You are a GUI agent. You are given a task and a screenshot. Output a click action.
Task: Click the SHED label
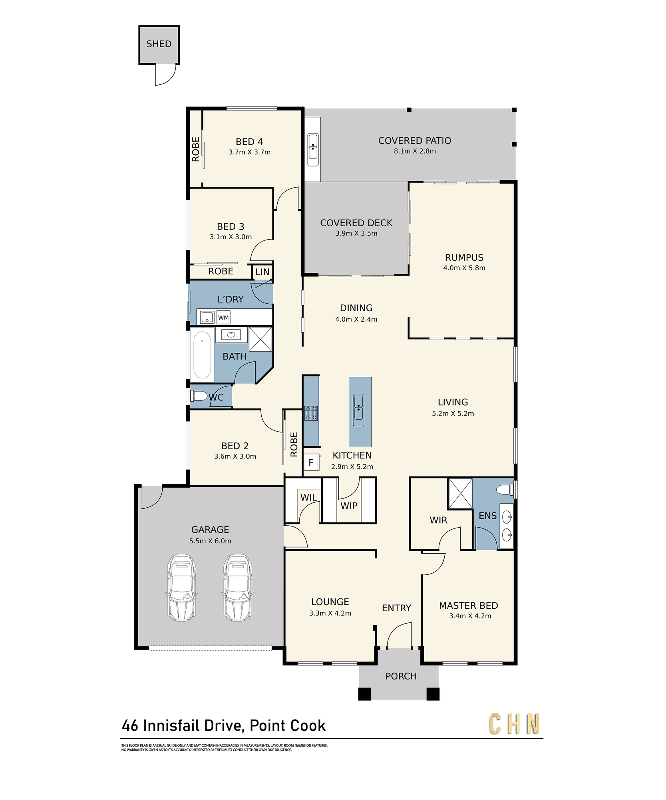coord(159,44)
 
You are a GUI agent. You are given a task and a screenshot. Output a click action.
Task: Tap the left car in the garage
coord(181,588)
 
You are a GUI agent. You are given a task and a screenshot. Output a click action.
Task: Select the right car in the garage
coord(238,588)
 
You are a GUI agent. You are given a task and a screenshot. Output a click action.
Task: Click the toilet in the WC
coord(199,396)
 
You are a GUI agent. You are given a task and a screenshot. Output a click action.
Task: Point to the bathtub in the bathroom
coord(202,355)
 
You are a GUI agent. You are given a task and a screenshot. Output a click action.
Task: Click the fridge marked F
coord(311,462)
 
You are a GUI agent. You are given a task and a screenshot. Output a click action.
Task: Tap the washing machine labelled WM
coord(223,318)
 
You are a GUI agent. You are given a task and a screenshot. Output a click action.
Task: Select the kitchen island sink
coord(359,410)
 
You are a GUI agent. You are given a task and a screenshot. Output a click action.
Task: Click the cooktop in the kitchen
coord(311,413)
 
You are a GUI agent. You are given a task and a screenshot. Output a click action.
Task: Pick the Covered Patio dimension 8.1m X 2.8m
coord(415,151)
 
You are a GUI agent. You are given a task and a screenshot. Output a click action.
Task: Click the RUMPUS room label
coord(464,258)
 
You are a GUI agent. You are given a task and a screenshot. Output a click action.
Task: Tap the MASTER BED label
coord(469,606)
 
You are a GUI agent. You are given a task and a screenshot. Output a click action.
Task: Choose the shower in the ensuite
coord(460,494)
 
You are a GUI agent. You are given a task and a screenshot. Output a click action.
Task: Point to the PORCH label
coord(401,676)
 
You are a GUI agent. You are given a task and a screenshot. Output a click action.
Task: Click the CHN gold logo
coord(515,724)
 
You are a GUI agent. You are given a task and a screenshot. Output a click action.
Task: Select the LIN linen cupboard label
coord(262,272)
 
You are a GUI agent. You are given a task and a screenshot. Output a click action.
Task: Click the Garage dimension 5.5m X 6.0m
coord(210,541)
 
